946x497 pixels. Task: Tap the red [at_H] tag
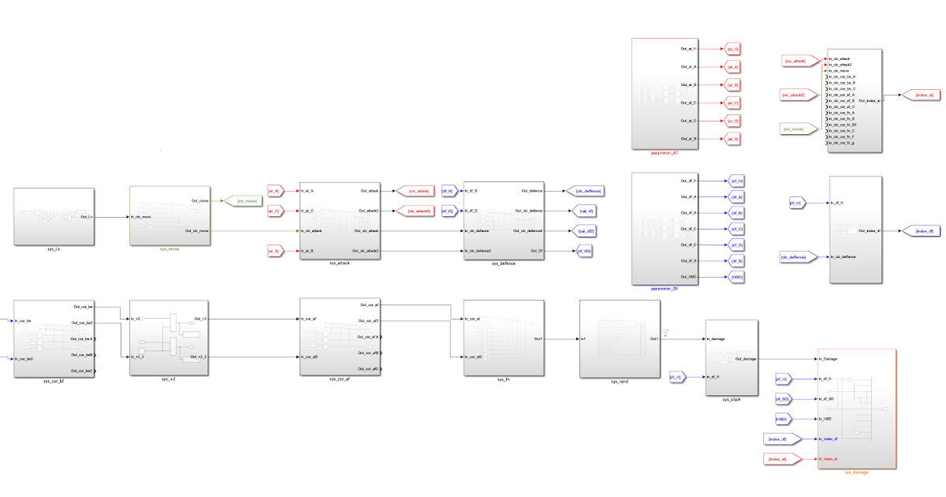tap(732, 49)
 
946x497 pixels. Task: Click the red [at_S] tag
tap(732, 139)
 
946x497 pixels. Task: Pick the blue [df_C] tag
tap(736, 229)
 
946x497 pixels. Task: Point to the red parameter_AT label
tap(665, 152)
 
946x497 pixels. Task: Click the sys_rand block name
tap(619, 381)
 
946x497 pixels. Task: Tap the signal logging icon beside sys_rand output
tap(664, 332)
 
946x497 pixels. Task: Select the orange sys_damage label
tap(856, 472)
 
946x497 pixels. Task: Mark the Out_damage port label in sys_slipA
tap(746, 359)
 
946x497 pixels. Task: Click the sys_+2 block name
tap(169, 380)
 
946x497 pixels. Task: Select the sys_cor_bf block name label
tap(54, 380)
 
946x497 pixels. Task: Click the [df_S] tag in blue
tap(736, 261)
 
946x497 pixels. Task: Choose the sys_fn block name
tap(502, 380)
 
